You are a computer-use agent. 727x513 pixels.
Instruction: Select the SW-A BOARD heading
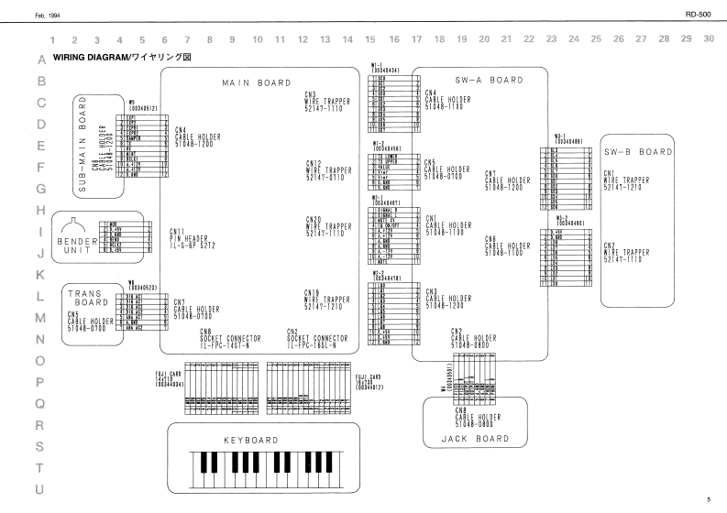488,80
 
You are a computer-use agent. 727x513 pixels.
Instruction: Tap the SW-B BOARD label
636,151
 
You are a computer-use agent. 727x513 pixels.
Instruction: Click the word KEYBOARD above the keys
250,440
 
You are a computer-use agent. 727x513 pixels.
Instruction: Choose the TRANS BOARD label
88,299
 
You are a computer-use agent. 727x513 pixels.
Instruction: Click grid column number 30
709,39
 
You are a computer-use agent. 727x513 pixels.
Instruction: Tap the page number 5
709,499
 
